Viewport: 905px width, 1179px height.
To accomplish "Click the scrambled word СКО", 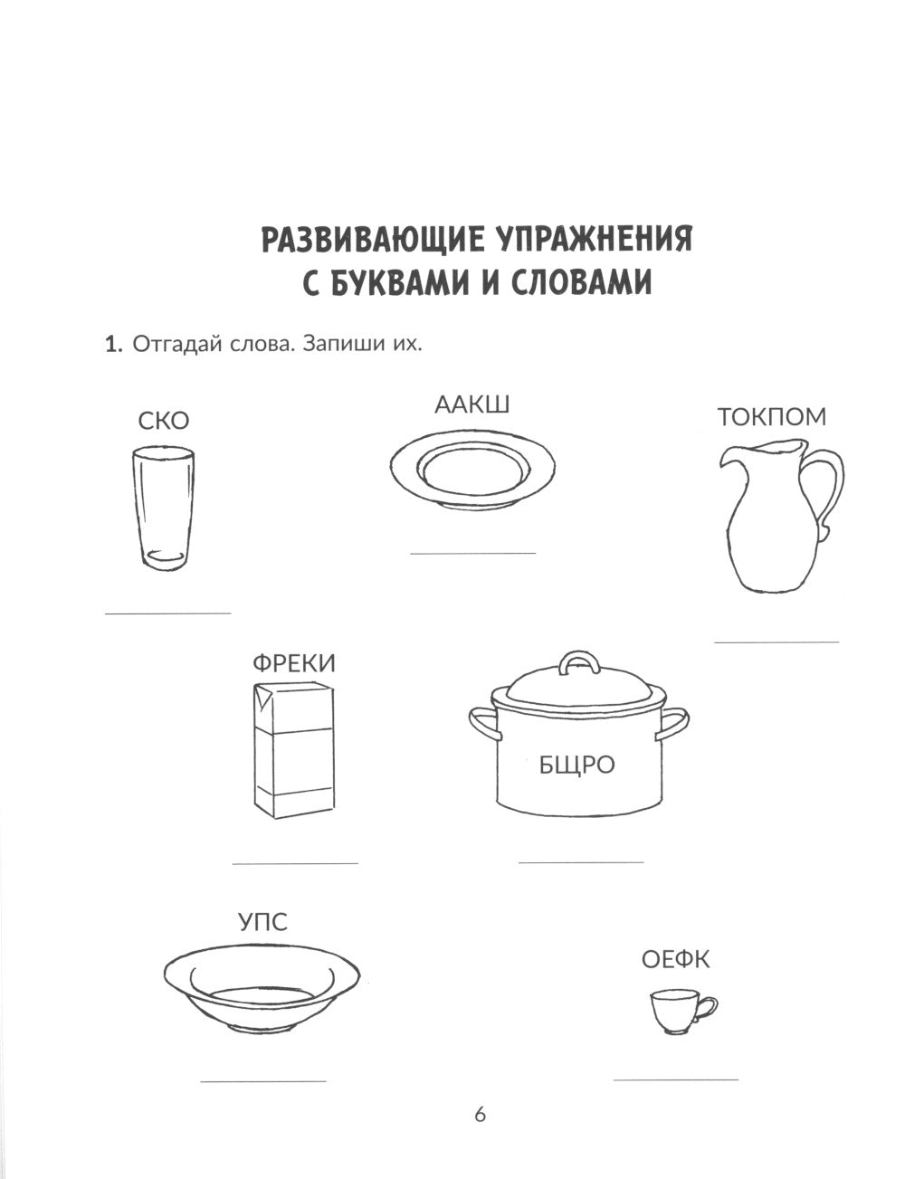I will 164,421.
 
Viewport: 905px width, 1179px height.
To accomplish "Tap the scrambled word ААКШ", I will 472,404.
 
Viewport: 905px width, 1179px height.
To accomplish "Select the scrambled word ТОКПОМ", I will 772,417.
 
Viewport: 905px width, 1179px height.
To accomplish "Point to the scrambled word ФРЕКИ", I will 293,663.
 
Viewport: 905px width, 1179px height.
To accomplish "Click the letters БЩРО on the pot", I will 576,765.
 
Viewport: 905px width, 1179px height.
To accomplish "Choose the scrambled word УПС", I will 262,922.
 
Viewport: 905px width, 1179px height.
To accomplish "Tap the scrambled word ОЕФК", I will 675,959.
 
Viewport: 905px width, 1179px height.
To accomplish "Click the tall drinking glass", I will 163,507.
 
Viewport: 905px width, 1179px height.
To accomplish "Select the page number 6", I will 481,1114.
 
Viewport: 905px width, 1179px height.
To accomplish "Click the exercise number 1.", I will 113,345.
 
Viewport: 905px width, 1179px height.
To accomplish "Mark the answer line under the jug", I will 776,642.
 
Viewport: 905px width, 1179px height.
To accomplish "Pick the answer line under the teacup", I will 675,1079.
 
